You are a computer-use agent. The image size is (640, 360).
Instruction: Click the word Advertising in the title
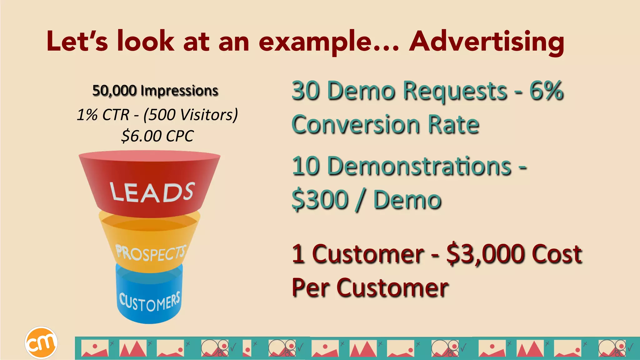[487, 42]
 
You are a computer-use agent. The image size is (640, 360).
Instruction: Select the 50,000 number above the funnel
[114, 91]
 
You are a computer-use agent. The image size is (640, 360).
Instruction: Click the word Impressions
[179, 91]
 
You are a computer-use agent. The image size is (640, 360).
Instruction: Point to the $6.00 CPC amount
[157, 136]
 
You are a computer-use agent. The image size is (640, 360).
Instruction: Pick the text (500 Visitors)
[191, 115]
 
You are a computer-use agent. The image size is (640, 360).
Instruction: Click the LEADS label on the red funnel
[152, 192]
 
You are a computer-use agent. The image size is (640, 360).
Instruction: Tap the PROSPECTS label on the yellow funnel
[151, 252]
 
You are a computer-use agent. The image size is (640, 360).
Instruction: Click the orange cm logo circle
[41, 342]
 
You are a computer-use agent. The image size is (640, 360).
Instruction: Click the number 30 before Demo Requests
[306, 91]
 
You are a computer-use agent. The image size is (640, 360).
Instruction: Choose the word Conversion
[355, 124]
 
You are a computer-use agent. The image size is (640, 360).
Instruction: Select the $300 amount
[320, 200]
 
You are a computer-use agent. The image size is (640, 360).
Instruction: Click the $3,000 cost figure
[486, 253]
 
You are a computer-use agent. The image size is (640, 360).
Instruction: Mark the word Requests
[455, 91]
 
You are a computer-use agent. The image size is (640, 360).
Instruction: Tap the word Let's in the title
[77, 42]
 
